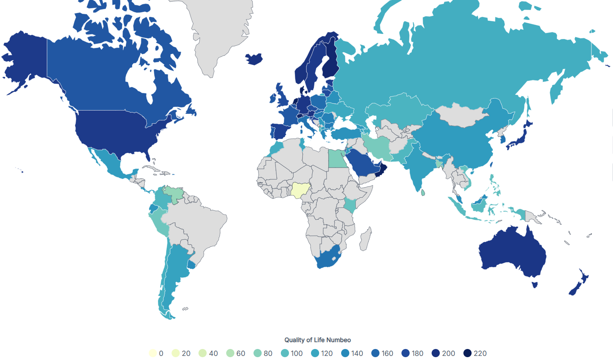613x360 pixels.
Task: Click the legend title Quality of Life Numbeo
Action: click(318, 340)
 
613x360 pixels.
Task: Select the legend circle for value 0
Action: click(153, 353)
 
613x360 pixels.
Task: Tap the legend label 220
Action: click(480, 353)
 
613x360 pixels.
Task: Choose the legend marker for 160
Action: click(376, 353)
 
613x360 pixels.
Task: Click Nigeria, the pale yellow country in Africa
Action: click(300, 190)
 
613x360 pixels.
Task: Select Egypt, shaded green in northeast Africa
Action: click(337, 159)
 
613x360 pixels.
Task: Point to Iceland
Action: click(254, 59)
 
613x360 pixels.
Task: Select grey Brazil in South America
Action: click(200, 228)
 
